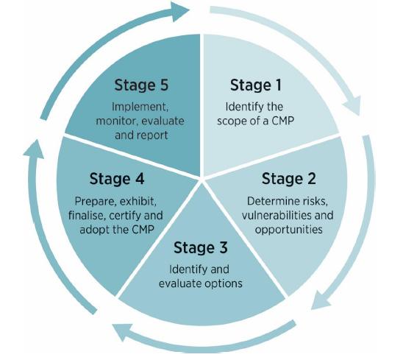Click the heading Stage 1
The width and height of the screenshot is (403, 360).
[x=256, y=85]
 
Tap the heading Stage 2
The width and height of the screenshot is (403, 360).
[x=288, y=179]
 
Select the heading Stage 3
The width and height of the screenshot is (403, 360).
[x=201, y=247]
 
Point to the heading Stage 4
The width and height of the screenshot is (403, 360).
[x=117, y=179]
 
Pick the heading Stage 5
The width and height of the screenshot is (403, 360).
[x=141, y=85]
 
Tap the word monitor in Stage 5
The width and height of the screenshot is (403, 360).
[x=117, y=121]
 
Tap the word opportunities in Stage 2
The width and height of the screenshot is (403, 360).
[x=288, y=230]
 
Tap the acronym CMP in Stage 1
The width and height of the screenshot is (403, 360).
[x=282, y=121]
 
